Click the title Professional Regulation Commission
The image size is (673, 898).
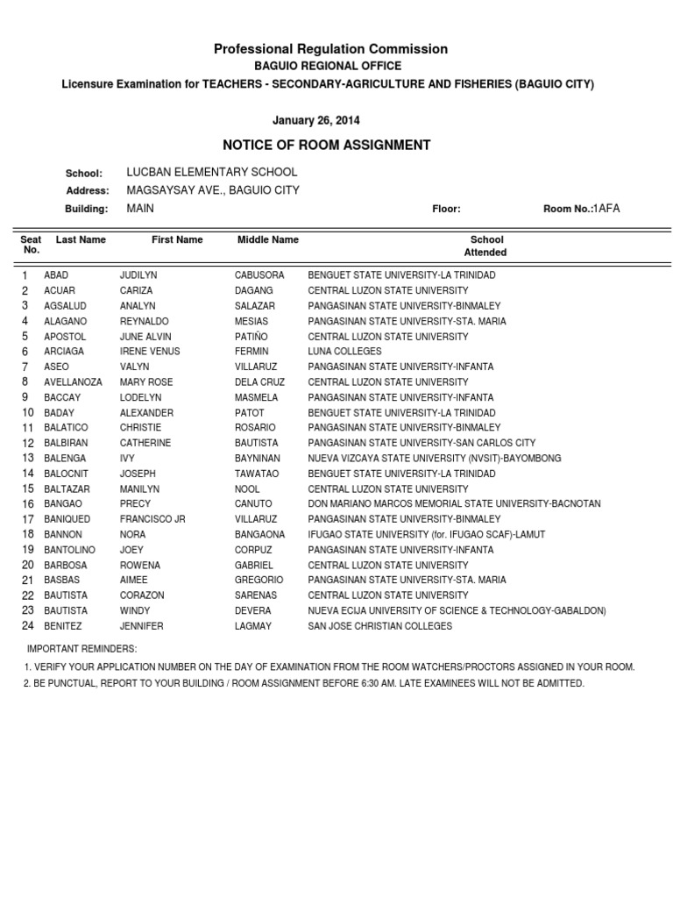coord(330,49)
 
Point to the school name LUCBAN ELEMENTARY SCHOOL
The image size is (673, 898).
coord(212,173)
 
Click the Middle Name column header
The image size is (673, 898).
coord(267,239)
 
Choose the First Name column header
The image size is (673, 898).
coord(177,239)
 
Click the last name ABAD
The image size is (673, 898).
coord(56,275)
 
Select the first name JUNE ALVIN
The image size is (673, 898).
coord(145,337)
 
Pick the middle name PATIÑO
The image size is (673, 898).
coord(253,337)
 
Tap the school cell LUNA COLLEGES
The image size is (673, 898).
coord(344,352)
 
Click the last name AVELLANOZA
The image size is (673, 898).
coord(73,382)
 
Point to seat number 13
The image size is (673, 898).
coord(28,459)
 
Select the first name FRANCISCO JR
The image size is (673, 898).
coord(152,519)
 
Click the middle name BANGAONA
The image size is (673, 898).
coord(259,535)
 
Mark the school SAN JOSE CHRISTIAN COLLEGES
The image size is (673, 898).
coord(379,626)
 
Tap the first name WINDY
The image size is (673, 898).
coord(134,611)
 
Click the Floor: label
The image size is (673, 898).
coord(446,210)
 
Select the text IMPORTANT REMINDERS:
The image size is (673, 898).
coord(82,648)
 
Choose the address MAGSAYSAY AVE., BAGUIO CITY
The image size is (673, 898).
coord(213,190)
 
